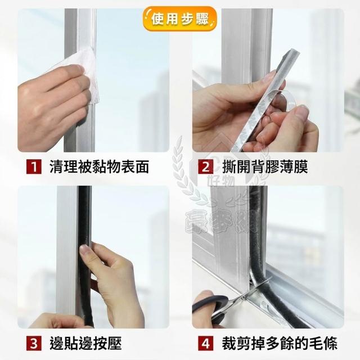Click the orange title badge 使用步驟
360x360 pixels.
click(x=180, y=19)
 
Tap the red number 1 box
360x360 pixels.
click(x=34, y=166)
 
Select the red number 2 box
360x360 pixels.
click(x=205, y=166)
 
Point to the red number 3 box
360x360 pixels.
click(x=34, y=343)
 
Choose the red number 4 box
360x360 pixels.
click(x=205, y=343)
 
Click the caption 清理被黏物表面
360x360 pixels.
click(x=99, y=166)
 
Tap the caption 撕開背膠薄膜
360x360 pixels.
click(x=265, y=166)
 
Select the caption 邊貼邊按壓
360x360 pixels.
click(x=85, y=343)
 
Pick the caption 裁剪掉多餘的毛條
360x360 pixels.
click(x=280, y=343)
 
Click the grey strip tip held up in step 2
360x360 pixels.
click(x=294, y=53)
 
